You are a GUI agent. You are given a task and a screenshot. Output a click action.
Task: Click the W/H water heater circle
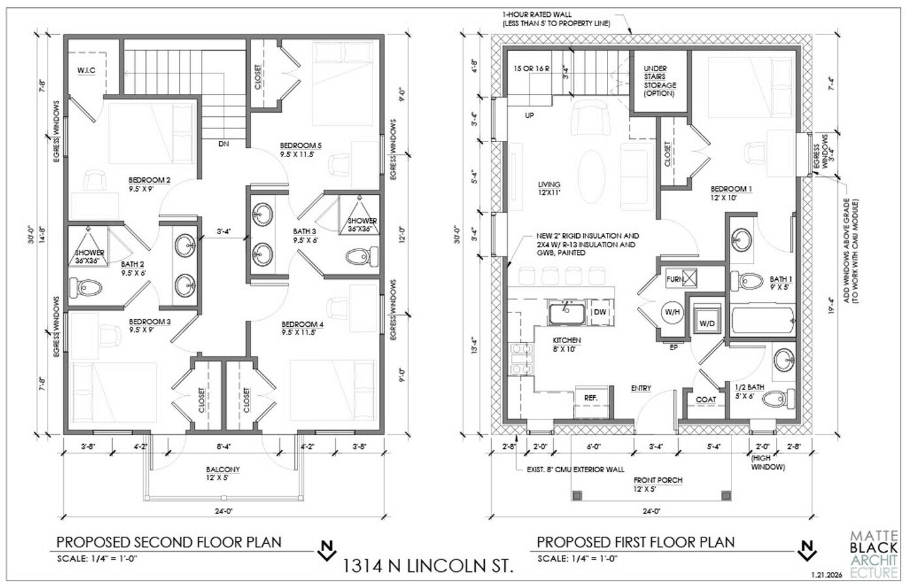672,312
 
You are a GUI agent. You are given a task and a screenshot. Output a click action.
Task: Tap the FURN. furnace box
675,279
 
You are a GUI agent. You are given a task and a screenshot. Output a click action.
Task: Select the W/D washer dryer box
707,323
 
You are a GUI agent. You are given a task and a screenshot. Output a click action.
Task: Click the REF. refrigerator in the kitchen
591,397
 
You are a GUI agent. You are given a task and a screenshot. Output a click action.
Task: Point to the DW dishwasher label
600,312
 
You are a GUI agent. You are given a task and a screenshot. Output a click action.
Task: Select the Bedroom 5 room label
301,149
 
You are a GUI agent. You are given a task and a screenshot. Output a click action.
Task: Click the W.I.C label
86,70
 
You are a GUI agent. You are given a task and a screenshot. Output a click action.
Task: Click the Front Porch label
657,485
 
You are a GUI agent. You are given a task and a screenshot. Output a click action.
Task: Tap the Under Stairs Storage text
660,81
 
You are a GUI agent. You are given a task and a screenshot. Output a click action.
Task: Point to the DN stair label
224,143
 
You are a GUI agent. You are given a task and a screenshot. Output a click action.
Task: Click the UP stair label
529,115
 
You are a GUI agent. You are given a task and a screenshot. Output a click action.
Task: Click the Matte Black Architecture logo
875,554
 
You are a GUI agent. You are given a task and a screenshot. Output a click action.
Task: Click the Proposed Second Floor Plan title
169,542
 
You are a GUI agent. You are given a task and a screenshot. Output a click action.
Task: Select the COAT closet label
705,400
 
